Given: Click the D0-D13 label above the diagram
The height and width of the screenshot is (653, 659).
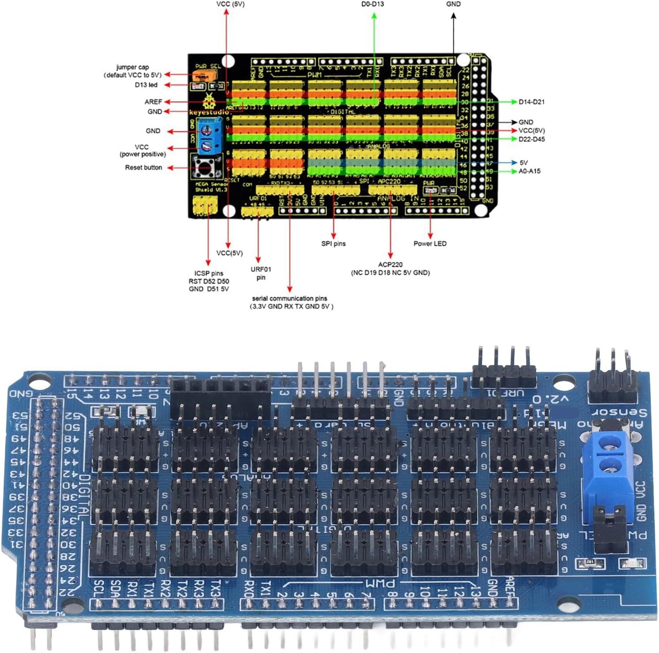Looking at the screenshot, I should (x=372, y=4).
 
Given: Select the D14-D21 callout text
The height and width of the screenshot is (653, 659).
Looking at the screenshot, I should (x=531, y=102).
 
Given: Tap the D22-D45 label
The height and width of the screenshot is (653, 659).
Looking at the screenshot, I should (x=531, y=139).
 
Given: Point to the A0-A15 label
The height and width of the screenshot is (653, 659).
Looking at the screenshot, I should (x=529, y=171).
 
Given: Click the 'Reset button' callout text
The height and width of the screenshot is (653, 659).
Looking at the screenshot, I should (x=143, y=167).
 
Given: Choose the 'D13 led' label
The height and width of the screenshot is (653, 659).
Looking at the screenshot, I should (x=146, y=85).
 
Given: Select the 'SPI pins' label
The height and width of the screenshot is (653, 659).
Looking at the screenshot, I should (x=333, y=243).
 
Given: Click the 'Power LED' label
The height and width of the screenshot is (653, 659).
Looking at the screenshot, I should (x=430, y=243).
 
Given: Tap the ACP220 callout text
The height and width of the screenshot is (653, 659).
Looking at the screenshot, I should (x=390, y=265).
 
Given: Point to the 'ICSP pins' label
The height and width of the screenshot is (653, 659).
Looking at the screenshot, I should (x=209, y=273).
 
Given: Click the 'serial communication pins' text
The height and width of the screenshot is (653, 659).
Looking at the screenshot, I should (x=289, y=298).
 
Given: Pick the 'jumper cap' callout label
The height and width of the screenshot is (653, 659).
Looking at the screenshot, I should (x=132, y=67).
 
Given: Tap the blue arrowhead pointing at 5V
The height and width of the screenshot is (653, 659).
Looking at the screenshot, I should (x=514, y=163).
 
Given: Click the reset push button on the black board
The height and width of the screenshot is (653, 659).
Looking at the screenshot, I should (x=204, y=167).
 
